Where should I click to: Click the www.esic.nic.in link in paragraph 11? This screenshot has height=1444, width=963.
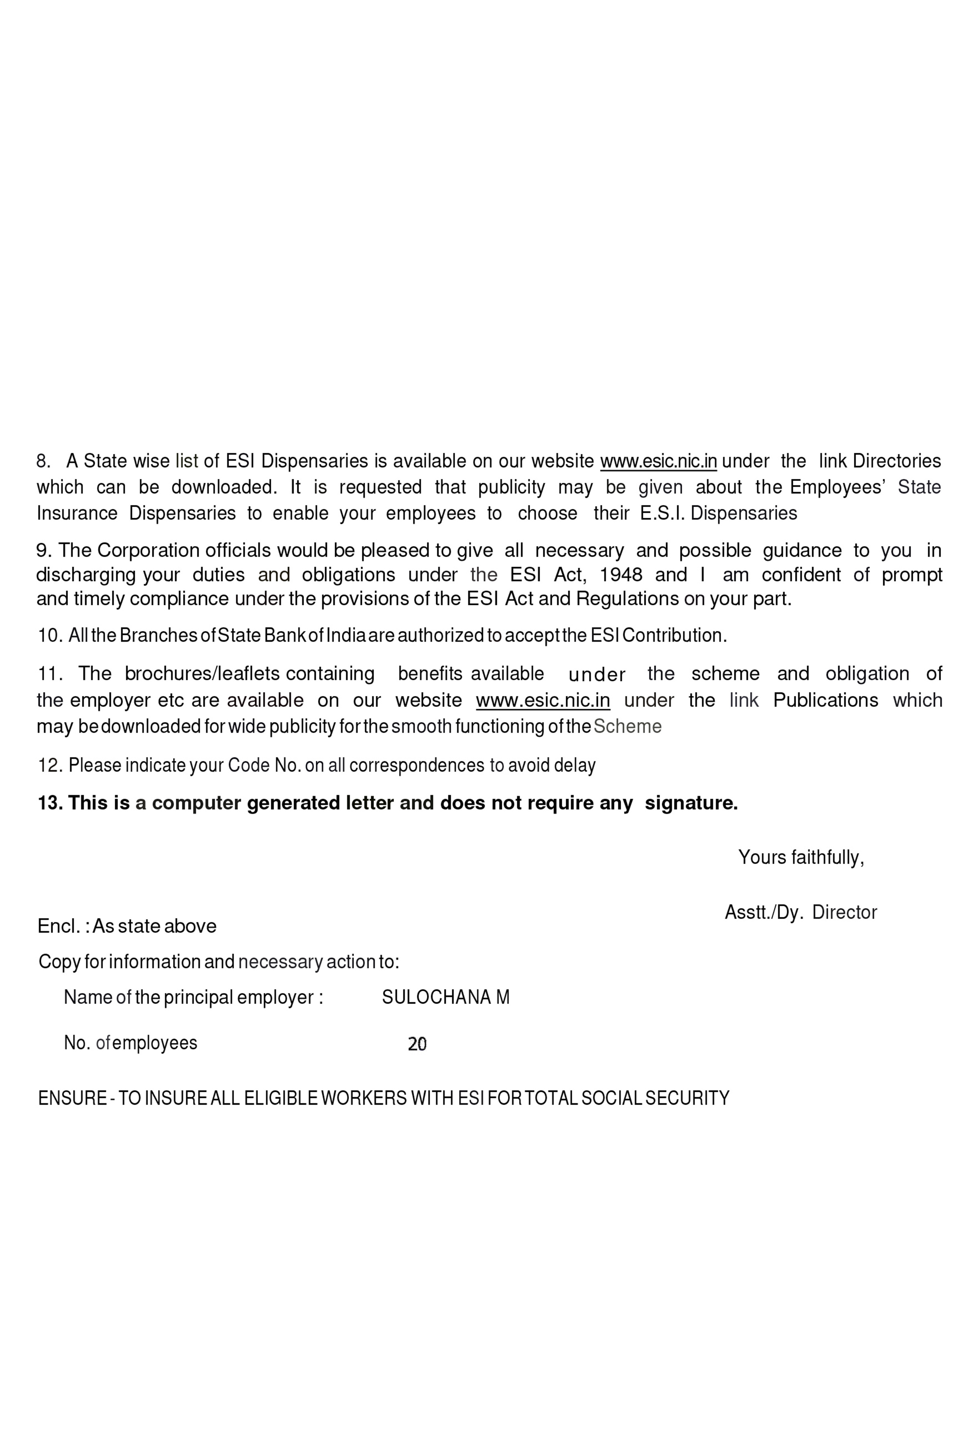(543, 700)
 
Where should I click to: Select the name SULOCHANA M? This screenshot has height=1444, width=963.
(445, 997)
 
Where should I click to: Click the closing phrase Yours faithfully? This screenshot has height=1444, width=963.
(801, 857)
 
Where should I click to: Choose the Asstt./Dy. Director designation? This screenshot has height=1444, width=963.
(801, 912)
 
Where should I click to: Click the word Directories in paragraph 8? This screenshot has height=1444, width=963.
(897, 461)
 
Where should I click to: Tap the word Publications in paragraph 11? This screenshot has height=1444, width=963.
(825, 700)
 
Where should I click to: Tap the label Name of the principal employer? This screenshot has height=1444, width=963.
(193, 997)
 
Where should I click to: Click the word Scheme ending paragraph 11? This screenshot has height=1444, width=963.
(627, 726)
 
